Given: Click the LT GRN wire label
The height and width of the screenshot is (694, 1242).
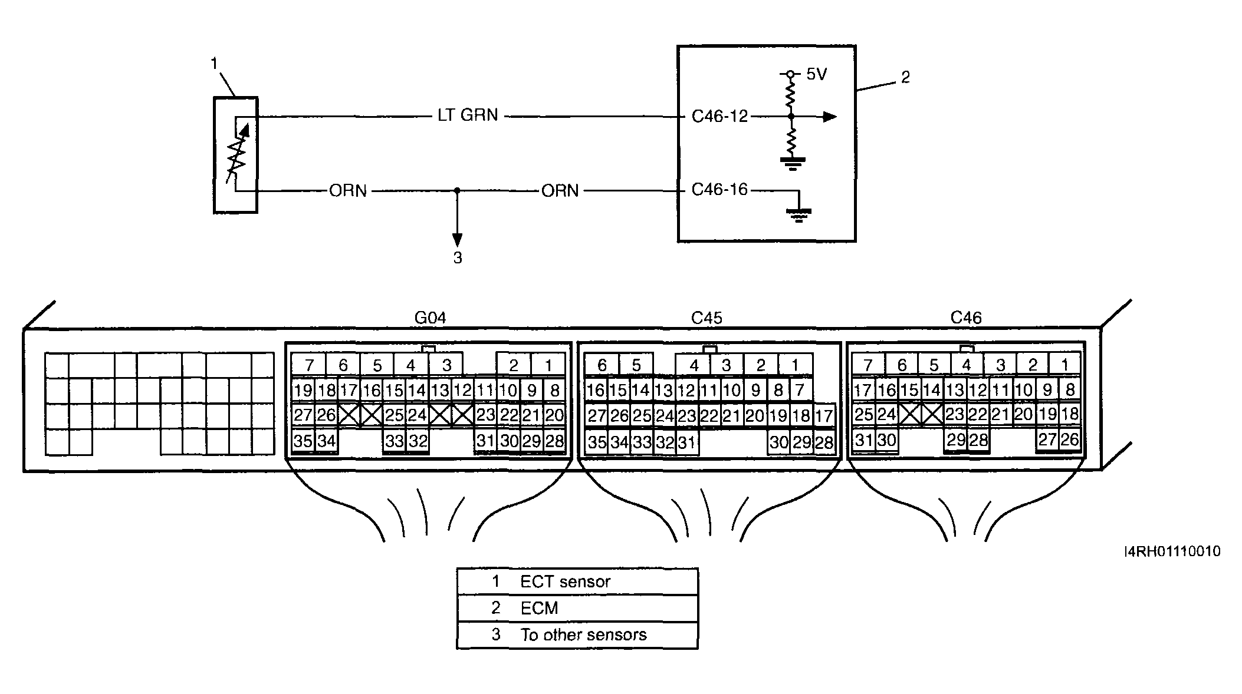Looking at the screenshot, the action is pos(468,115).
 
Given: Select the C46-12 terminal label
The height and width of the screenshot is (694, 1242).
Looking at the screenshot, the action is pos(719,116).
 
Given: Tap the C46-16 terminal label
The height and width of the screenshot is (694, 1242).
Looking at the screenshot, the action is pos(719,190).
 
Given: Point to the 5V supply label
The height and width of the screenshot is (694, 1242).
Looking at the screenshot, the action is pos(817,74).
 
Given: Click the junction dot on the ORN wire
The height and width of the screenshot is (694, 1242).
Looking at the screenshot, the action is pos(457,190).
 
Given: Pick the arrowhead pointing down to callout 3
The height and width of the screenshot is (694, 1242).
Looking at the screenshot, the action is pos(457,240).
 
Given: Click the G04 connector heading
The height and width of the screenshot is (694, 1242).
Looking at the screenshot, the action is pos(430,318).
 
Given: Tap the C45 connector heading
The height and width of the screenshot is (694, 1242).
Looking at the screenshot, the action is pos(707,318).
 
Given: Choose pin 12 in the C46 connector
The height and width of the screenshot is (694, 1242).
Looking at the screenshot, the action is pos(978,389).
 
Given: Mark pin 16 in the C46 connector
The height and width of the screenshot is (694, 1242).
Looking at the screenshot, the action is pos(886,389).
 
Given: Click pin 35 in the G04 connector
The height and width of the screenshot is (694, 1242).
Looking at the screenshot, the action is pos(303,441).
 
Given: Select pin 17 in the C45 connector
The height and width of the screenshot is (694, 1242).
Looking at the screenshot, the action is pos(823,416).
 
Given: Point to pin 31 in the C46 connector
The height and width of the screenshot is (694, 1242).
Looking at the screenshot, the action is pos(863,439).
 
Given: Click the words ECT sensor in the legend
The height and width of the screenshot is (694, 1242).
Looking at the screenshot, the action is pos(565,582).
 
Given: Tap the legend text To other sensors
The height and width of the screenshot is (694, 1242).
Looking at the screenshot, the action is pos(583,634).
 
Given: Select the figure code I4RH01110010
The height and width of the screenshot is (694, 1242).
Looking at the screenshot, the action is pos(1172,551).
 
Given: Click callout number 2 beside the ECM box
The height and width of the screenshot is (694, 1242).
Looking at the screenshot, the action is pos(906,77).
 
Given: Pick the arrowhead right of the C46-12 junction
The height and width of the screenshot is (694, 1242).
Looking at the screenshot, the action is pos(830,117).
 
